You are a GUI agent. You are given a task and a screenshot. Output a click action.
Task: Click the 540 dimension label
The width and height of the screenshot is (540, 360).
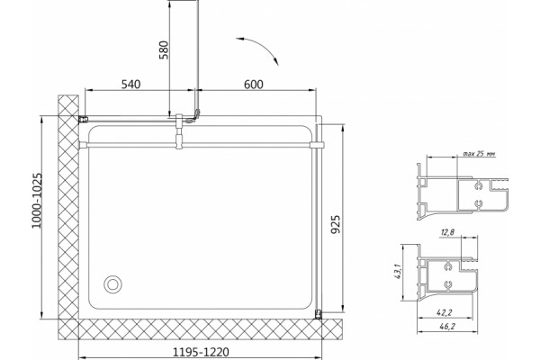click(130, 84)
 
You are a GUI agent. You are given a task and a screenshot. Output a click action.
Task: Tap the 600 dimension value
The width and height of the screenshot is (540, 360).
click(254, 84)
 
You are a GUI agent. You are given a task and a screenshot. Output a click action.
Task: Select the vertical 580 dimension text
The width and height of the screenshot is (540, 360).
click(165, 50)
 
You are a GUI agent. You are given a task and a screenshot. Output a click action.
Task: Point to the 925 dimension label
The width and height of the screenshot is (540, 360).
click(335, 224)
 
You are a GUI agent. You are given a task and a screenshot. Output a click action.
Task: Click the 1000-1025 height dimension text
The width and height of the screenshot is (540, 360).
click(37, 200)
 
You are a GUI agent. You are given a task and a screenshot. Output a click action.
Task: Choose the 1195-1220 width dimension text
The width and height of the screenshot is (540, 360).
click(201, 352)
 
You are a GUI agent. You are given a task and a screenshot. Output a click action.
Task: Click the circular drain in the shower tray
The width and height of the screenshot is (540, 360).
click(112, 284)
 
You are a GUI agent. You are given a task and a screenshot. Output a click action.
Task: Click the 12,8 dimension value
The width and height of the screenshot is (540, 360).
click(447, 232)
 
